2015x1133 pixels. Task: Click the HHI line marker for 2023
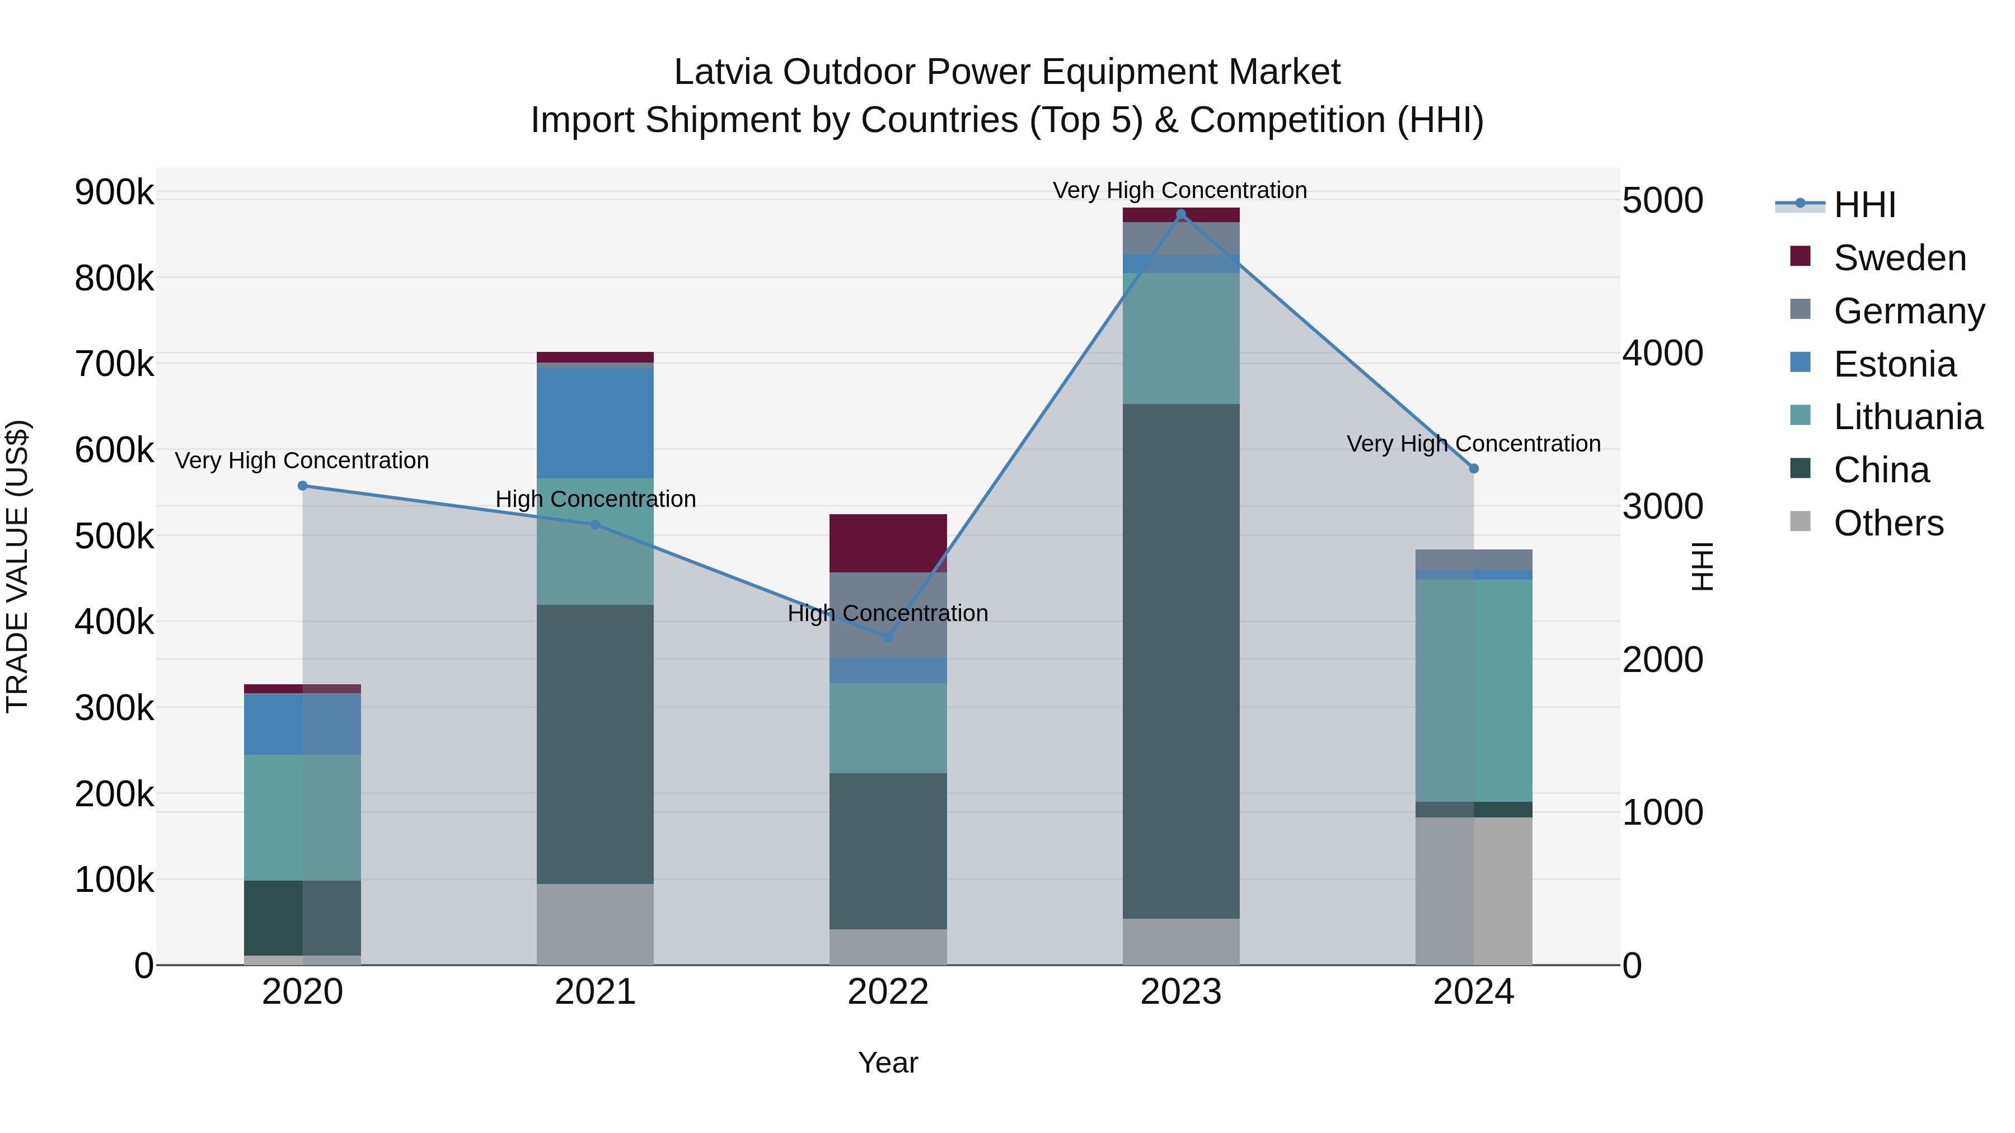pos(1181,214)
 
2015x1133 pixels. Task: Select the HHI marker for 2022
pos(888,637)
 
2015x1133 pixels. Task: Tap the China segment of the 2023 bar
pos(1181,661)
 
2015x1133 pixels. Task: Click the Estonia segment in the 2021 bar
pos(596,422)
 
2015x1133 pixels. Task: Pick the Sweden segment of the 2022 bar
pos(888,543)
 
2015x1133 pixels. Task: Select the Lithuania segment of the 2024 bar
pos(1474,690)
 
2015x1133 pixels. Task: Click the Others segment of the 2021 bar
pos(596,924)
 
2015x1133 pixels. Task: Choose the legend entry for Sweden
pos(1899,258)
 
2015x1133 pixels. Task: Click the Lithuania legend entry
pos(1907,417)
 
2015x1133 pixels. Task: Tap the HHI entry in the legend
pos(1864,205)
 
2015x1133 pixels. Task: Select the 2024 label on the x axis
pos(1474,992)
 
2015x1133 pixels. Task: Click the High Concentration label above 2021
pos(596,499)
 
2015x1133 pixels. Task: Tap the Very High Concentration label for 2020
pos(302,460)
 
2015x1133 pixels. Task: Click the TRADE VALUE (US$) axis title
pos(17,566)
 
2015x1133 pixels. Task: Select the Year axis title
pos(888,1063)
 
